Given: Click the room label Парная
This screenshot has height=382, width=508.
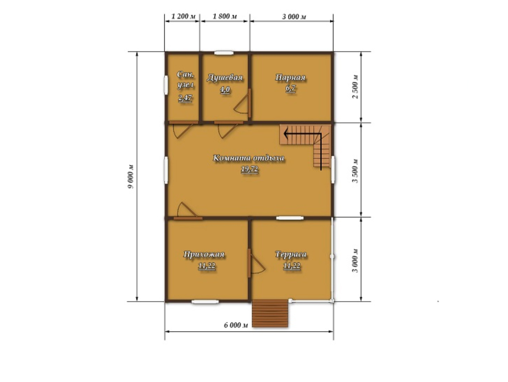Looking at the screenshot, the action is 290,78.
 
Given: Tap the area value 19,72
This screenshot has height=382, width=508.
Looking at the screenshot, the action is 250,169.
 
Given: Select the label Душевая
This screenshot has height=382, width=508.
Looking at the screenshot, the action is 225,78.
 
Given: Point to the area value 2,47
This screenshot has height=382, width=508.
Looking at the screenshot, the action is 185,98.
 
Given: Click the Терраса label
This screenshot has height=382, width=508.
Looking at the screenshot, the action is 291,254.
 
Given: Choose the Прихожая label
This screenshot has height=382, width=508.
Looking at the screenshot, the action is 204,254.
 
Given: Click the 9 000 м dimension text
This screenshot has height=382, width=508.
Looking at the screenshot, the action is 131,176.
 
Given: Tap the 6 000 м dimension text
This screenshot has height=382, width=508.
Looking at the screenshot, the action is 236,325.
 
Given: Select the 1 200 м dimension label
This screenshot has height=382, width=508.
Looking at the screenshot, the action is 183,16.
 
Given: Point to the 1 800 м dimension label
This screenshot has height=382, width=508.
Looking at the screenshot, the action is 225,16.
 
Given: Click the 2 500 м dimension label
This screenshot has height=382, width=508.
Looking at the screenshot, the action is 355,87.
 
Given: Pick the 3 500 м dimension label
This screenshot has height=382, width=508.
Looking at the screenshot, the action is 355,171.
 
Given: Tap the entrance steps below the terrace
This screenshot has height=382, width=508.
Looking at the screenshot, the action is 270,313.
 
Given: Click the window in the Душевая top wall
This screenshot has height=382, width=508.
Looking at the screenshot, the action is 223,53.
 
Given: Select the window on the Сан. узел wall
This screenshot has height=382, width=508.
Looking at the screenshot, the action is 166,85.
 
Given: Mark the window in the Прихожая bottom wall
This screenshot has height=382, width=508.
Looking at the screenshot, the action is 205,302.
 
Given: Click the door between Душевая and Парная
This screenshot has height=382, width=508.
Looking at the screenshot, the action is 250,103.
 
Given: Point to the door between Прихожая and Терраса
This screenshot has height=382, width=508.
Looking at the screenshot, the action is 249,263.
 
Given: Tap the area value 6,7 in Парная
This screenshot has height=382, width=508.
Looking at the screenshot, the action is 291,89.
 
